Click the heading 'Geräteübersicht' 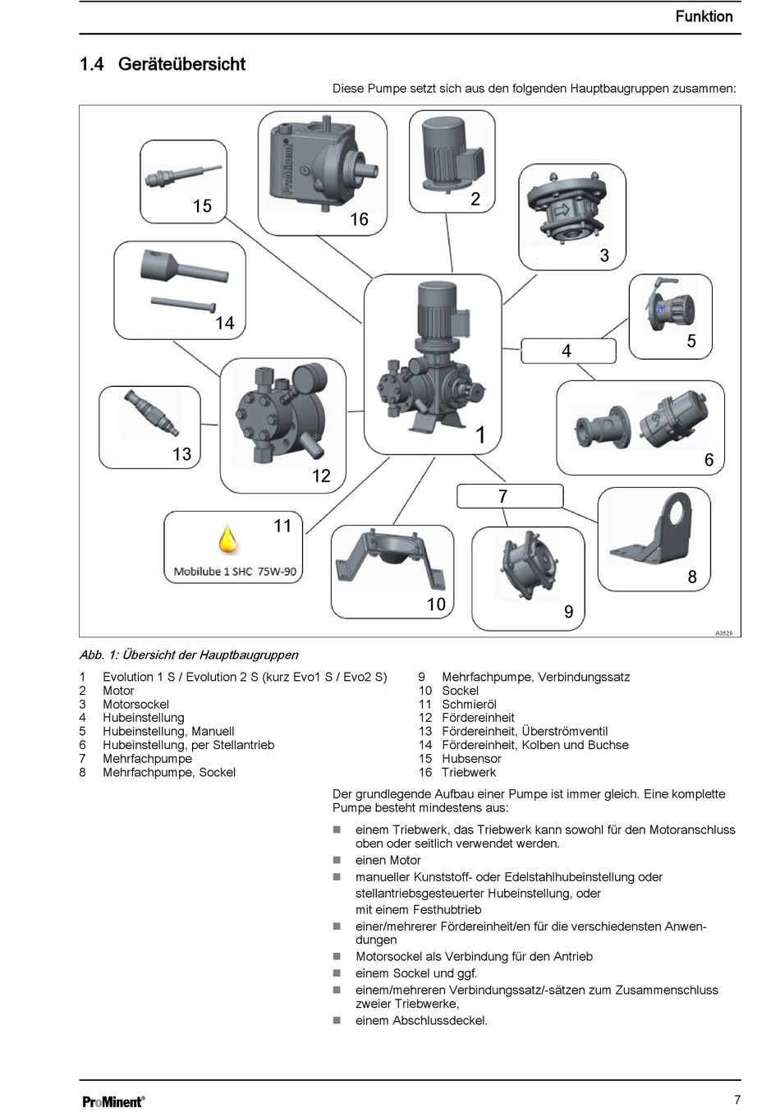(x=181, y=64)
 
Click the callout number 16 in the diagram (x=359, y=219)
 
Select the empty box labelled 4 (x=568, y=351)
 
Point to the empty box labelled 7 (x=510, y=496)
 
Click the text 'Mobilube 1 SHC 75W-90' (x=235, y=572)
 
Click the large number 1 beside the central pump (x=481, y=435)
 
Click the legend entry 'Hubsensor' (x=471, y=758)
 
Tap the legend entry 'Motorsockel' (x=135, y=704)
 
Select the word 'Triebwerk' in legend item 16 (x=469, y=772)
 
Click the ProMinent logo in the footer (x=113, y=1101)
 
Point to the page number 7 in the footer (x=737, y=1100)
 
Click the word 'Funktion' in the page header (x=704, y=16)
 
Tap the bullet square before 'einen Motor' (x=337, y=860)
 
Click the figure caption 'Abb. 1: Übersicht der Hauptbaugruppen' (x=189, y=655)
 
